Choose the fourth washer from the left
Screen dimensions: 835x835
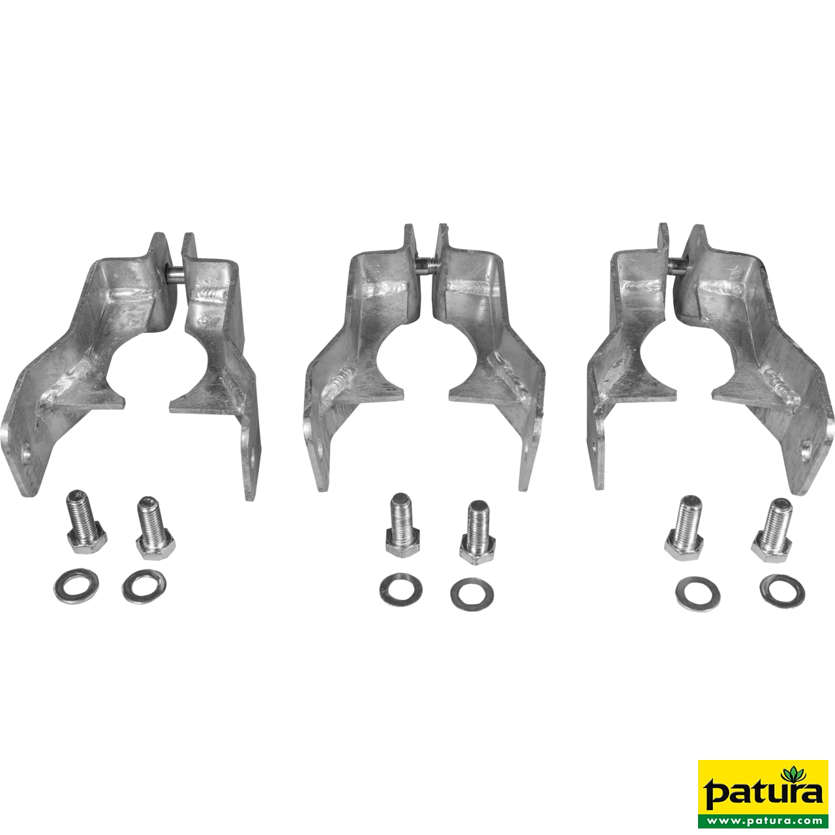point(472,592)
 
